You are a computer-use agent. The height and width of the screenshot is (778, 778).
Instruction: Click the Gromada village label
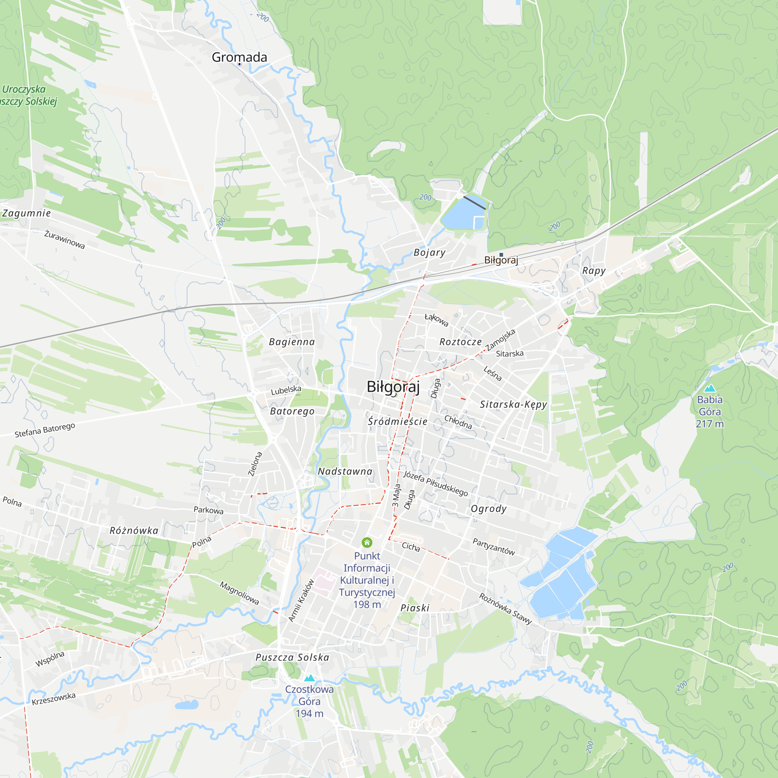pos(239,57)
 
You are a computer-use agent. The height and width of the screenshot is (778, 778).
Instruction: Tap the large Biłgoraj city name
pos(393,387)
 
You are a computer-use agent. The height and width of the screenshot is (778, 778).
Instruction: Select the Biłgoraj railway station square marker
pos(501,254)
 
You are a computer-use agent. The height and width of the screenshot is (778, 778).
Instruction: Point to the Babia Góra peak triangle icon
pos(710,389)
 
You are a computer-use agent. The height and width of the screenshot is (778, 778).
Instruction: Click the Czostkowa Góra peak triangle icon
pos(309,678)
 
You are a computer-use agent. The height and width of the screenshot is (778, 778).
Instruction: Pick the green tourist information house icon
pos(367,542)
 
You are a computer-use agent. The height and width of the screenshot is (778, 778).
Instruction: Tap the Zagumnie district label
pos(26,213)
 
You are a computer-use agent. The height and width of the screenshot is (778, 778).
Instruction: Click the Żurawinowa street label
pos(65,239)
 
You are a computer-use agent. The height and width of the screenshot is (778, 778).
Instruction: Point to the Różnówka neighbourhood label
pos(134,530)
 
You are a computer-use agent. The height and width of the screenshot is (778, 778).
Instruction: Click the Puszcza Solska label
pos(293,657)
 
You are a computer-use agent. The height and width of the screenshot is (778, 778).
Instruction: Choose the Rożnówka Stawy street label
pos(505,608)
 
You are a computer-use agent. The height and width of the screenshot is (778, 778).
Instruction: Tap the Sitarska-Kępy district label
pos(513,404)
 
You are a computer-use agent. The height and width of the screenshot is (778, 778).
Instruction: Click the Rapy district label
pos(594,271)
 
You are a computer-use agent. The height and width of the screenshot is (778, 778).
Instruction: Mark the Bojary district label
pos(430,252)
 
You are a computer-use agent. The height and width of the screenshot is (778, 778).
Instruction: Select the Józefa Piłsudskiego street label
pos(436,484)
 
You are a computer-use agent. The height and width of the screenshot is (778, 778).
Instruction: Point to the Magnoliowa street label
pos(239,593)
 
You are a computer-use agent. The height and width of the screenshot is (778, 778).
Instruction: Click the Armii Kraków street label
pos(301,600)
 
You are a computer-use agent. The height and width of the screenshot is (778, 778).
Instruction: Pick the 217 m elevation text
pos(710,424)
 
